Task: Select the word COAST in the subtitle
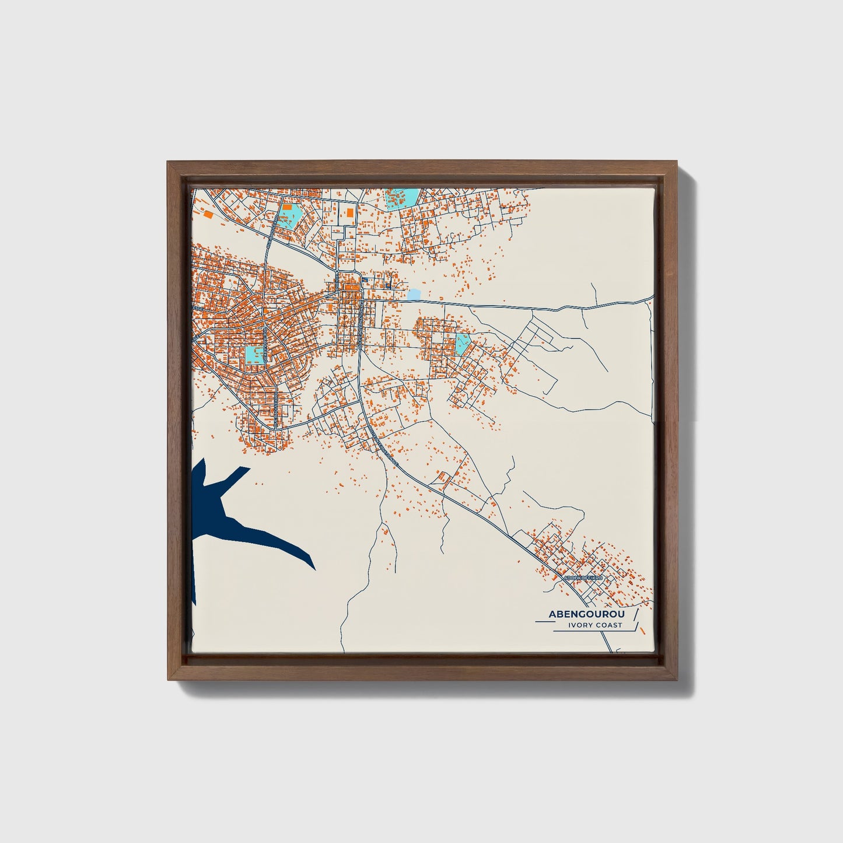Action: tap(608, 625)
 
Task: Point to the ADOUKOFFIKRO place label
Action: tap(585, 579)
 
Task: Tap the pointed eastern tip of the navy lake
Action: tap(314, 568)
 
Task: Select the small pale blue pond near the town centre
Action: tap(414, 295)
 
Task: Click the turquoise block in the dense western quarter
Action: tap(254, 354)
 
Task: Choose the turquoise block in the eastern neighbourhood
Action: tap(463, 344)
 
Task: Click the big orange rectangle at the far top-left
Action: tap(208, 214)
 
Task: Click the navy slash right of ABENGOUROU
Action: tap(635, 614)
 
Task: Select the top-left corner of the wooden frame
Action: tap(168, 163)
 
